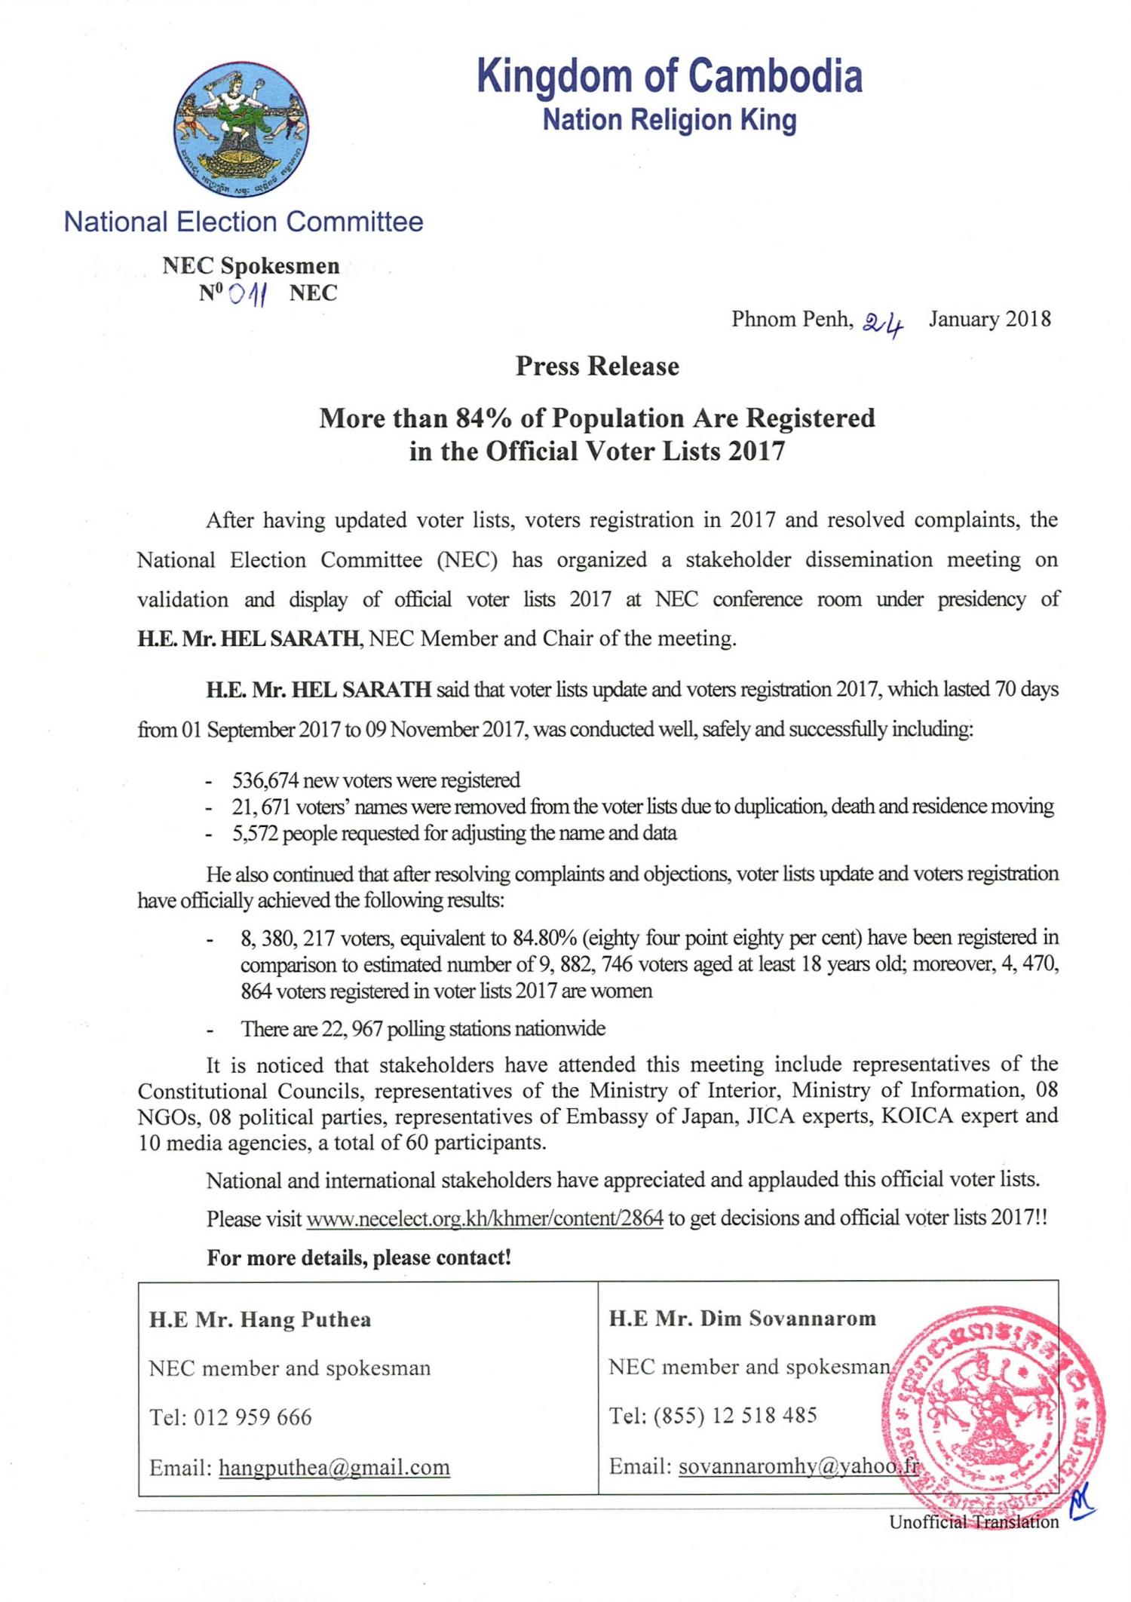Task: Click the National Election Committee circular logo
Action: (x=241, y=127)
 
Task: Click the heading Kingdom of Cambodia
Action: (x=670, y=76)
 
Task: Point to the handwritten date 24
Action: (x=883, y=323)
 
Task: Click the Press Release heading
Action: (x=597, y=366)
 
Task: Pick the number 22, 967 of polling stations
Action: (x=352, y=1028)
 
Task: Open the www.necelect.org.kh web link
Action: (x=485, y=1219)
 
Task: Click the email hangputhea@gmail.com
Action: (x=334, y=1467)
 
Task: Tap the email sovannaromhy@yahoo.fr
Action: (x=798, y=1466)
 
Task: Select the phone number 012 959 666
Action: (x=252, y=1417)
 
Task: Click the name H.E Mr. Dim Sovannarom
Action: (x=743, y=1318)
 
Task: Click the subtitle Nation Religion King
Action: (x=670, y=120)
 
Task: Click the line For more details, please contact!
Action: (x=359, y=1257)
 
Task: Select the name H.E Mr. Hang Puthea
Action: (x=260, y=1319)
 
